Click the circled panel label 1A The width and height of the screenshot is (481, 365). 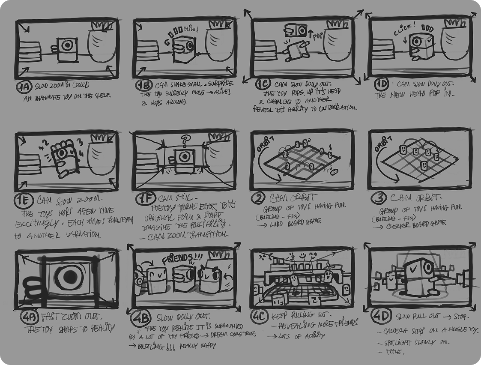tap(23, 88)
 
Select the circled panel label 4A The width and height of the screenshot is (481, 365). tap(29, 318)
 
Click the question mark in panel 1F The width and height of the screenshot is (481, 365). tap(185, 140)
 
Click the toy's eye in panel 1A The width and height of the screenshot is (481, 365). tap(66, 45)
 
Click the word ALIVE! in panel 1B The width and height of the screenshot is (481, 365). tap(191, 30)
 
